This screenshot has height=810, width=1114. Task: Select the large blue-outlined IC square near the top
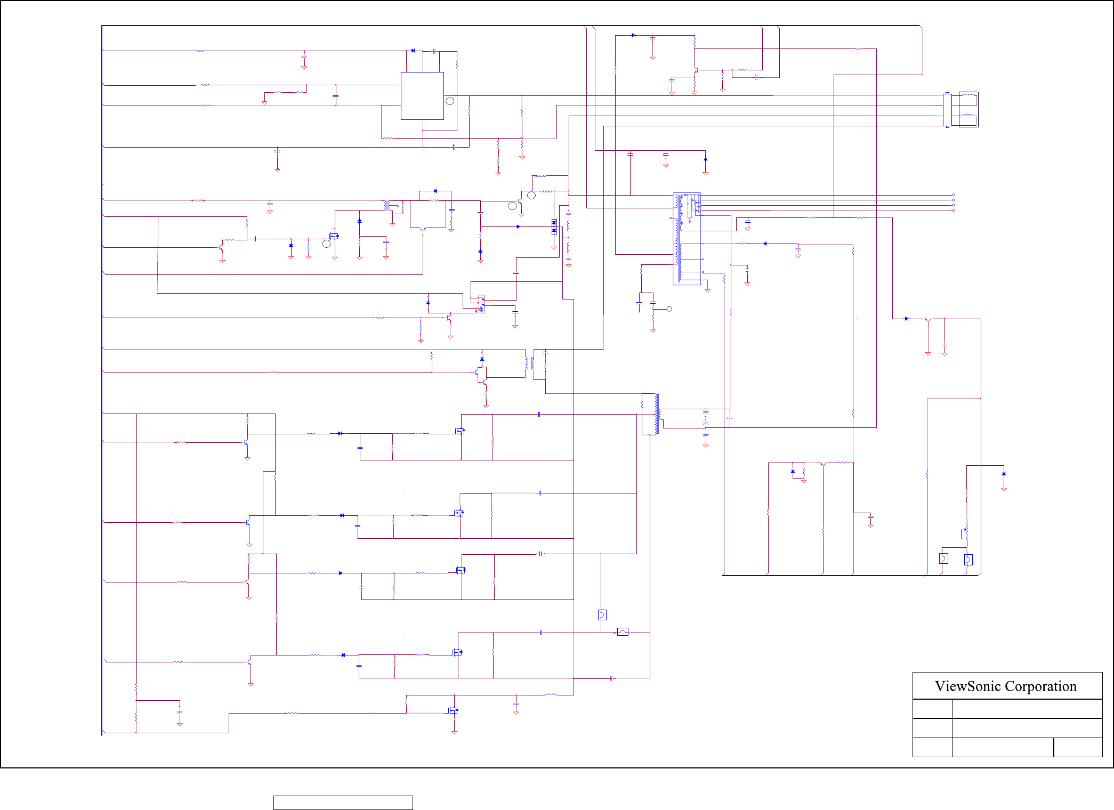click(x=422, y=96)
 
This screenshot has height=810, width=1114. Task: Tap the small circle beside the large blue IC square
click(x=450, y=101)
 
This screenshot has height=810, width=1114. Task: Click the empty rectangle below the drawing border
click(x=343, y=803)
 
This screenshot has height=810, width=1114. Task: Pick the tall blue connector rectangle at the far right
click(x=947, y=110)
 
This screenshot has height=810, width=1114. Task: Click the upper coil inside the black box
click(x=969, y=98)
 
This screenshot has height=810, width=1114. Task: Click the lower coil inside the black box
click(x=969, y=118)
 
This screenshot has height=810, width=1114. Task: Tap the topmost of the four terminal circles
click(x=954, y=195)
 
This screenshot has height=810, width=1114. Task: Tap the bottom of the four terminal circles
click(x=954, y=210)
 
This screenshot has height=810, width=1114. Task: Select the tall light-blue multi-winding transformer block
click(x=687, y=239)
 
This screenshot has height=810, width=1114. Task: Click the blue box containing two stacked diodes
click(x=554, y=227)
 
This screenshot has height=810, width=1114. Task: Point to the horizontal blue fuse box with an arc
click(x=623, y=632)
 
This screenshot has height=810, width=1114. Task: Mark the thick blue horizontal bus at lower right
click(x=850, y=576)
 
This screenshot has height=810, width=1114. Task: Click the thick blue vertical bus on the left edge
click(x=102, y=373)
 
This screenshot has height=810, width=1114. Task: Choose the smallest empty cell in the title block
click(x=1078, y=747)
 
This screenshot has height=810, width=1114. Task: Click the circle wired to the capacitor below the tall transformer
click(x=669, y=309)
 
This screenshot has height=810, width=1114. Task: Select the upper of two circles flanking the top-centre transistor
click(x=531, y=196)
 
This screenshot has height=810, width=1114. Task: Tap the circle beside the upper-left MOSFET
click(x=326, y=244)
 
